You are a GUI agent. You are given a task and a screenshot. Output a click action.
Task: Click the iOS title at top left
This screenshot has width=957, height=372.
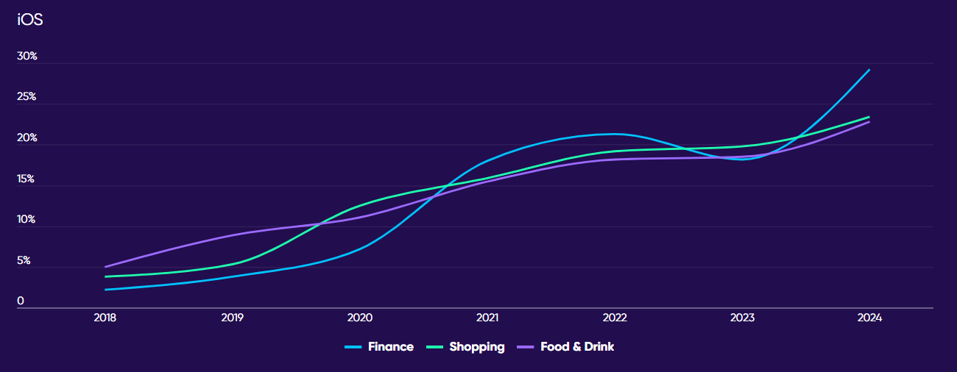pos(30,20)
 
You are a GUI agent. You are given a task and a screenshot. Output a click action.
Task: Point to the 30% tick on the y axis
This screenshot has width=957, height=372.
pos(27,57)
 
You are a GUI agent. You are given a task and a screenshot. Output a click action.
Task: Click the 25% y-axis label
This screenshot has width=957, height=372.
pos(27,97)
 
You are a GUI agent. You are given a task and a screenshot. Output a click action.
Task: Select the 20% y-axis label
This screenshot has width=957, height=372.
pos(27,138)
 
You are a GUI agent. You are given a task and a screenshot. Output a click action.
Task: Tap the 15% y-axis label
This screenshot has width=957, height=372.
pos(27,179)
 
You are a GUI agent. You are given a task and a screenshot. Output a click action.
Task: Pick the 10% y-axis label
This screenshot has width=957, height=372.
pos(27,220)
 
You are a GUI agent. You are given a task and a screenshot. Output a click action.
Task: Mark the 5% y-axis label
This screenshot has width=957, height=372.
pos(24,260)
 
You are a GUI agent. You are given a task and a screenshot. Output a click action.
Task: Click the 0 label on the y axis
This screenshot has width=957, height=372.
pos(21,301)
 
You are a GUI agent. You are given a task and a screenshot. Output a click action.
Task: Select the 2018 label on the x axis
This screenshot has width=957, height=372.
pos(105,318)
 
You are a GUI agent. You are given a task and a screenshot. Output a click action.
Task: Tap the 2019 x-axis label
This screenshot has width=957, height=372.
pos(233,318)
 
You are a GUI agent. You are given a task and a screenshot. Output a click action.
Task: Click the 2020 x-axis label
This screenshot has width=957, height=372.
pos(360,318)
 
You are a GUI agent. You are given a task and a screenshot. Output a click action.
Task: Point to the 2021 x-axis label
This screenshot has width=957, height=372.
pos(487,318)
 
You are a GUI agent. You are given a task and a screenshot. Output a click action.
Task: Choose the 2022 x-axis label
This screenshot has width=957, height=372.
pos(615,318)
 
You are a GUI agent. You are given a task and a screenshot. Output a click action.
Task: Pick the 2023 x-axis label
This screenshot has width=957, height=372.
pos(742,318)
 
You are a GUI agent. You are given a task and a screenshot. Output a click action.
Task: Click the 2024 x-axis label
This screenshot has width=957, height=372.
pos(869,318)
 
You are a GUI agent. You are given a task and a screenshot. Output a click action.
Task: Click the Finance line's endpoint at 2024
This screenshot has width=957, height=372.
pos(869,70)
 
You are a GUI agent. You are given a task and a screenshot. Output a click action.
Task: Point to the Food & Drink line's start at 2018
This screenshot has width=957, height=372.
pos(106,267)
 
